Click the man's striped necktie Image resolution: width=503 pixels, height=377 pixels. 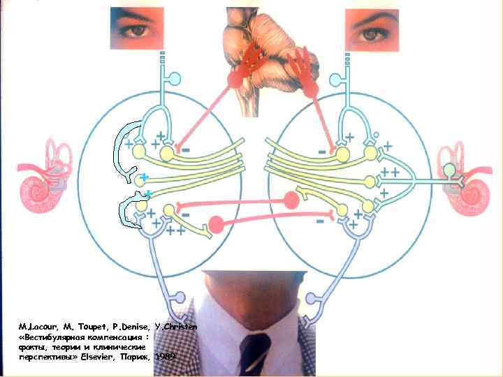click(254, 353)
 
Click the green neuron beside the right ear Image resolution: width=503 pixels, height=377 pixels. click(449, 170)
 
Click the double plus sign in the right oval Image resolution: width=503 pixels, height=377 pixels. click(389, 171)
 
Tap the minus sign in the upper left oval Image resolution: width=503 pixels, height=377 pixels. click(187, 147)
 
